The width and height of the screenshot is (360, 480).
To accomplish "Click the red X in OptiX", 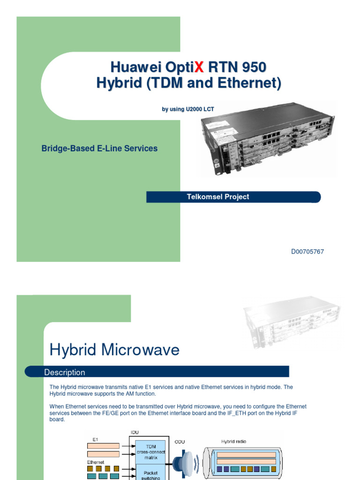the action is click(199, 67).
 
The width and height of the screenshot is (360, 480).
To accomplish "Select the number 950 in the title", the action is click(254, 67).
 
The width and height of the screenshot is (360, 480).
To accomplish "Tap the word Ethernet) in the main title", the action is click(249, 83).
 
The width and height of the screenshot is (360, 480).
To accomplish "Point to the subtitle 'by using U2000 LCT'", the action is click(188, 109).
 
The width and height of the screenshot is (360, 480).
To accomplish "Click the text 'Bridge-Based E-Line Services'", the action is click(99, 149).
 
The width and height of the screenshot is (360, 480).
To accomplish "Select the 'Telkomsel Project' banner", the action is click(233, 197).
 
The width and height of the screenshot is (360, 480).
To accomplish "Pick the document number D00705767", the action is click(307, 252).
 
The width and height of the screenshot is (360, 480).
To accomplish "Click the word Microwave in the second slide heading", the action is click(140, 350).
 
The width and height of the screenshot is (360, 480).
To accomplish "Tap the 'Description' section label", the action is click(65, 372).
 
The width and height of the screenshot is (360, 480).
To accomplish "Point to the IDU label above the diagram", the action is click(135, 432).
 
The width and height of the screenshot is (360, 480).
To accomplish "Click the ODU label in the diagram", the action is click(180, 442).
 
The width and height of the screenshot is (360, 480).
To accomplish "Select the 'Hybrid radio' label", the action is click(233, 442).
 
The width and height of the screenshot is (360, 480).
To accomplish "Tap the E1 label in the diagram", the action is click(95, 440).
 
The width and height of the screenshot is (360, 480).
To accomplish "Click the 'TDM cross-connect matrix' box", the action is click(150, 452).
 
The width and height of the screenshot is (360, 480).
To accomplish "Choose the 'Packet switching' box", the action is click(150, 473).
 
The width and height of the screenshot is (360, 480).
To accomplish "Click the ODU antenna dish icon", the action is click(185, 464).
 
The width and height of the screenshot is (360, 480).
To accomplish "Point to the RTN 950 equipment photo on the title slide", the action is click(268, 138).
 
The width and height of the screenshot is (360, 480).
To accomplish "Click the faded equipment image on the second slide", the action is click(292, 323).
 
